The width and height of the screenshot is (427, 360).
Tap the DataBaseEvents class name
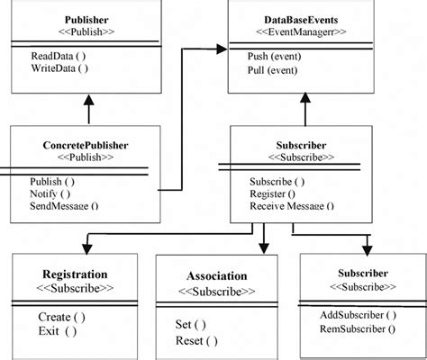(x=302, y=19)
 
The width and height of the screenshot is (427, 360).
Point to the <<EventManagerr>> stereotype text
(x=302, y=32)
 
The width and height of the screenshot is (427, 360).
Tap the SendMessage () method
(x=64, y=204)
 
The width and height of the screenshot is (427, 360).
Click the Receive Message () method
(x=291, y=204)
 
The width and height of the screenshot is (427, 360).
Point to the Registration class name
(x=75, y=274)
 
